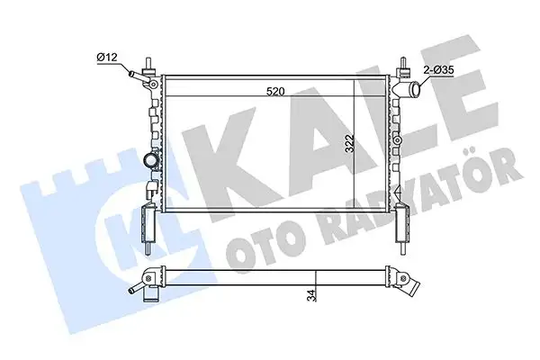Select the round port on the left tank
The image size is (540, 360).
pyautogui.click(x=149, y=161)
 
